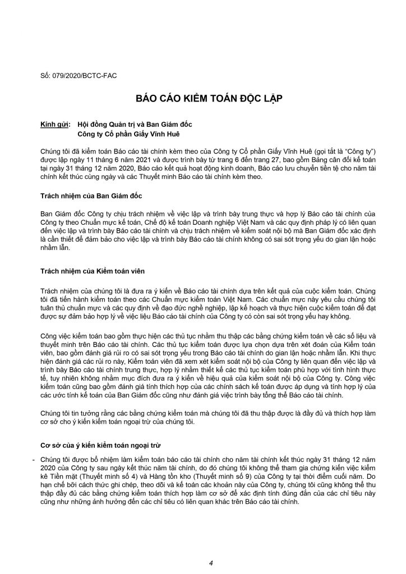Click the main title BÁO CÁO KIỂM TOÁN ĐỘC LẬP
pos(202,99)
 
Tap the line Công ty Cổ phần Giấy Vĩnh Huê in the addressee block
pos(122,134)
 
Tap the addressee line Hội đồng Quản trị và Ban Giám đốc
pos(130,125)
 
